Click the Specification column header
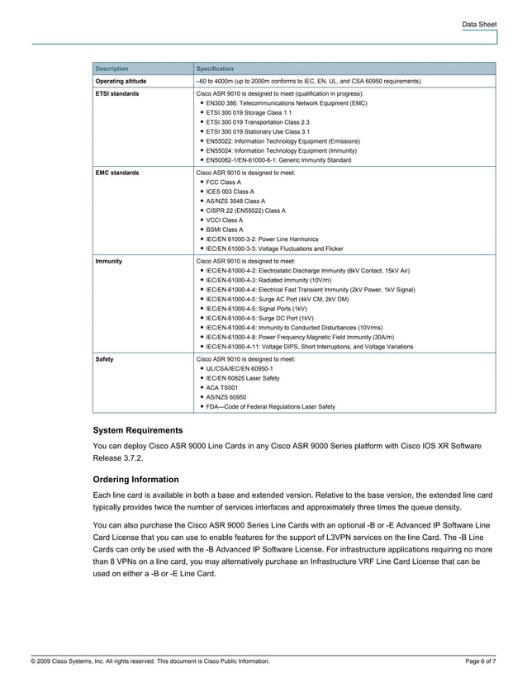tap(215, 69)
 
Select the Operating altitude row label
tap(121, 82)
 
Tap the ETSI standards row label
tap(116, 95)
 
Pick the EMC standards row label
tap(116, 173)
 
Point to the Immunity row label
tap(109, 260)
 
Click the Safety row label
tap(105, 360)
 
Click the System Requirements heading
tap(138, 430)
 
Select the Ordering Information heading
tap(135, 479)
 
